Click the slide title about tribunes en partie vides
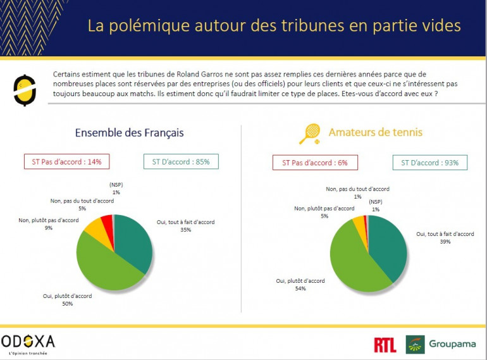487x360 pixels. click(x=274, y=26)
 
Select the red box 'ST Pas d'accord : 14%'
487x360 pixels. click(x=67, y=161)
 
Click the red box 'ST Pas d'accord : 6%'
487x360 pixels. click(x=315, y=163)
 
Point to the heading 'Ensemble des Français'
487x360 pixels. click(x=129, y=133)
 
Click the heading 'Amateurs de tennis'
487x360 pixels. click(x=375, y=132)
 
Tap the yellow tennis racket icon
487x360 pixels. click(x=310, y=133)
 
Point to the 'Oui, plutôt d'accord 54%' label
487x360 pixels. click(x=297, y=284)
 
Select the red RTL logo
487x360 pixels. click(x=385, y=344)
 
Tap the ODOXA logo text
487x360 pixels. click(x=28, y=342)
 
